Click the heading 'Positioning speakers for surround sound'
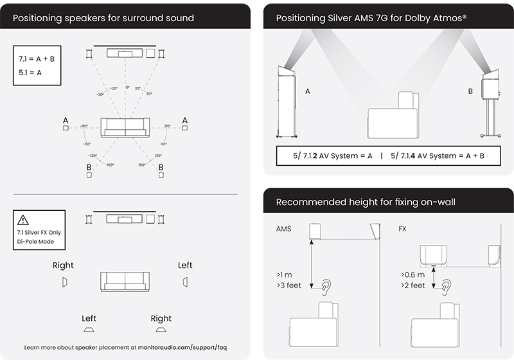point(103,18)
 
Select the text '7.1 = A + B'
point(37,59)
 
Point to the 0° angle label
point(127,87)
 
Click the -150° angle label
point(111,165)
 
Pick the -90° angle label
point(83,126)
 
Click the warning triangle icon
point(24,219)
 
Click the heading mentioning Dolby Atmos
point(371,18)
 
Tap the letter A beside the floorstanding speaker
point(308,92)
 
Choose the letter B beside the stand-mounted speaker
point(470,92)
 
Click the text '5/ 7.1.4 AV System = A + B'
point(432,156)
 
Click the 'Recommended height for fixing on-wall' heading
point(366,202)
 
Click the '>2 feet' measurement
point(412,285)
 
